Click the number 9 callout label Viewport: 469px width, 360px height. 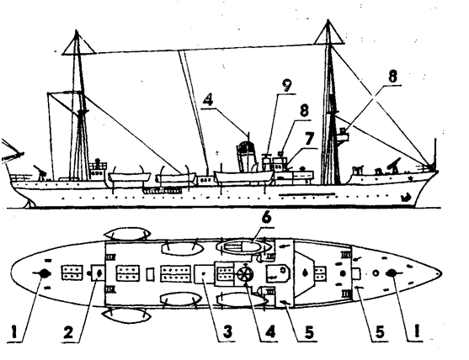point(286,86)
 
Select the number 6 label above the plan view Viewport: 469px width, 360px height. point(266,218)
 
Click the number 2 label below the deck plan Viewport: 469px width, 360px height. point(68,331)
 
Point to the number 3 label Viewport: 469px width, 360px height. point(227,331)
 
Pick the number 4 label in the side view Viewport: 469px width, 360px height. point(208,100)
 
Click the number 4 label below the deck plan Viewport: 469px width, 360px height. point(269,331)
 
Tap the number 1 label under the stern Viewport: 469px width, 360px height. point(17,331)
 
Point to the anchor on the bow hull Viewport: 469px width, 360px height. point(406,197)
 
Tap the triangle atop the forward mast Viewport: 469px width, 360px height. point(328,32)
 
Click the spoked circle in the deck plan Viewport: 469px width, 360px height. point(245,274)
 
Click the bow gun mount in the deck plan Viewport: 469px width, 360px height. point(392,273)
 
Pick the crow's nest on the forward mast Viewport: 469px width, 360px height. point(343,135)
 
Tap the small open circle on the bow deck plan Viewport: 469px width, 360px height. point(376,273)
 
